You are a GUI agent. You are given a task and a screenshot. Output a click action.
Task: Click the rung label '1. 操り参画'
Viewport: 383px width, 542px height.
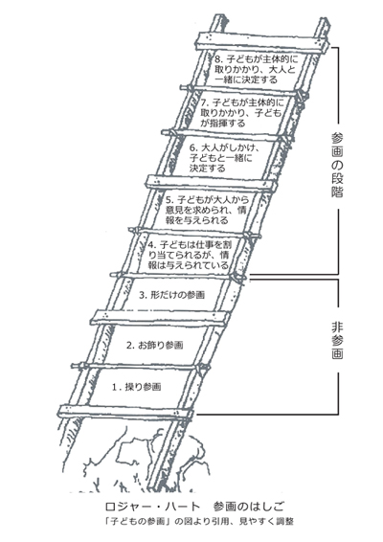(x=137, y=387)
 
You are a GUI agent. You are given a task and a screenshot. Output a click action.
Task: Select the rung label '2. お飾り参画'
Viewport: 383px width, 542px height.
(x=154, y=345)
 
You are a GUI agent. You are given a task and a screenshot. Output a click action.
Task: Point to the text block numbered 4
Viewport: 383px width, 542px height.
(x=189, y=255)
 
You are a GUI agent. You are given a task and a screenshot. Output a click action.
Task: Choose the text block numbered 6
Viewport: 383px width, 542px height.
(x=224, y=158)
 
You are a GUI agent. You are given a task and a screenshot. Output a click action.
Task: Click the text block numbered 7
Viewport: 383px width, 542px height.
(x=242, y=113)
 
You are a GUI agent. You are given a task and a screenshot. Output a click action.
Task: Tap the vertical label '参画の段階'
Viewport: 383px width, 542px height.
(x=337, y=165)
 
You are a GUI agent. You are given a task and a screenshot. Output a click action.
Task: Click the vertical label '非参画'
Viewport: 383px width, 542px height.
(x=337, y=340)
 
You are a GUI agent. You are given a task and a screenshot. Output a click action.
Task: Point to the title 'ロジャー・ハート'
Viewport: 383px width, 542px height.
(x=152, y=507)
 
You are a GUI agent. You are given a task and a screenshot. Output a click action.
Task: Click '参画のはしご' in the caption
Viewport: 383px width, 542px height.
(x=249, y=507)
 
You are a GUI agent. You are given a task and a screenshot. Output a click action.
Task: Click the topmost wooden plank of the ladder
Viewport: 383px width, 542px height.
(x=262, y=43)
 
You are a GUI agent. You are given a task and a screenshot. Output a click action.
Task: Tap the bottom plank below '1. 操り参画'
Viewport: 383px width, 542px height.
(x=125, y=412)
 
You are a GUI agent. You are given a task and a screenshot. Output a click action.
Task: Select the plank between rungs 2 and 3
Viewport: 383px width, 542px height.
(x=160, y=318)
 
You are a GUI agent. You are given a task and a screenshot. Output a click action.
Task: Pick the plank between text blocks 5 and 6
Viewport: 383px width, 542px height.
(x=212, y=183)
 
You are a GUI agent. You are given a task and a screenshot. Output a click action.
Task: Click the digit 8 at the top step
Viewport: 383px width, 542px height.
(x=217, y=58)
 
